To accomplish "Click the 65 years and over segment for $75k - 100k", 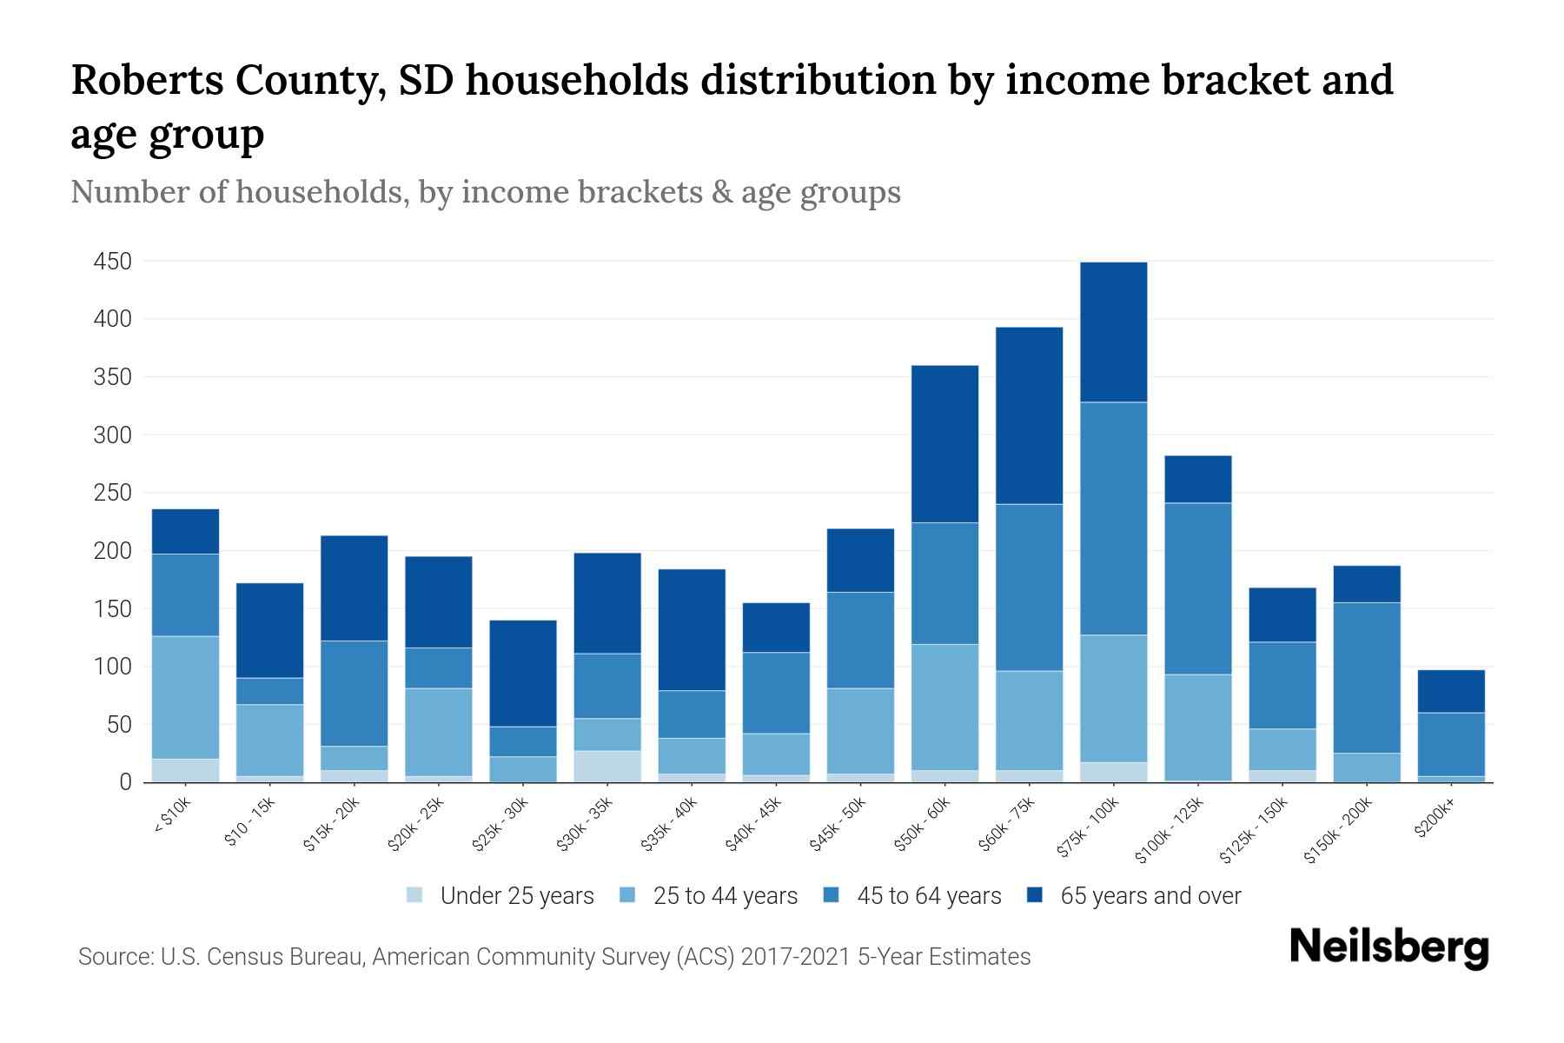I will pos(1113,332).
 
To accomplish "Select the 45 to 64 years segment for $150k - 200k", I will pos(1367,678).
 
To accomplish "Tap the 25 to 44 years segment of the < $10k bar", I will pos(185,698).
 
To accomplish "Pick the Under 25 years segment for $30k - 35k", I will pos(607,767).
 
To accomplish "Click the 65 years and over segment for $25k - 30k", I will pos(523,674).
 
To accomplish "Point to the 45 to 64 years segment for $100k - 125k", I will pos(1197,589).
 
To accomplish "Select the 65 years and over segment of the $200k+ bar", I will pos(1451,692).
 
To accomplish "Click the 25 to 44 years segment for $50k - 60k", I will pos(944,708).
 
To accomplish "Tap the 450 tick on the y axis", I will pos(113,262).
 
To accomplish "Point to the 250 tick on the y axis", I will pos(113,493).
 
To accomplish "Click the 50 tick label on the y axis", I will pos(118,725).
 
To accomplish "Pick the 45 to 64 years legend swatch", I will pos(832,895).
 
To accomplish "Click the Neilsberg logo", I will pos(1388,947).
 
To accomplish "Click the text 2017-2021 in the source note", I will pos(796,957).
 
